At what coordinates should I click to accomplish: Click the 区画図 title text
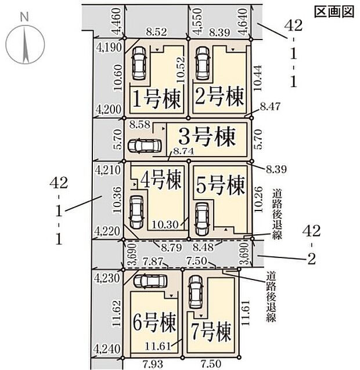click(333, 12)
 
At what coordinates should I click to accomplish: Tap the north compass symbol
click(25, 43)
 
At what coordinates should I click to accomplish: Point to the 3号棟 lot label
click(206, 138)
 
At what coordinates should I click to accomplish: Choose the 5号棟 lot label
click(219, 187)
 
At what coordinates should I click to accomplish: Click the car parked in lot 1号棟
click(139, 63)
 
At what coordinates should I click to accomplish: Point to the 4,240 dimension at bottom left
click(107, 349)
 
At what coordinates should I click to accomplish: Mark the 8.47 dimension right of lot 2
click(270, 107)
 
